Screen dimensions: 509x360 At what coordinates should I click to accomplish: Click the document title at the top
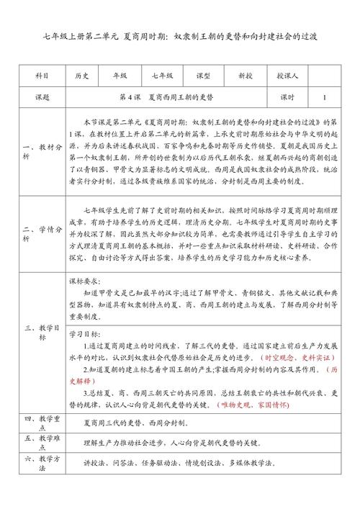[x=180, y=35]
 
